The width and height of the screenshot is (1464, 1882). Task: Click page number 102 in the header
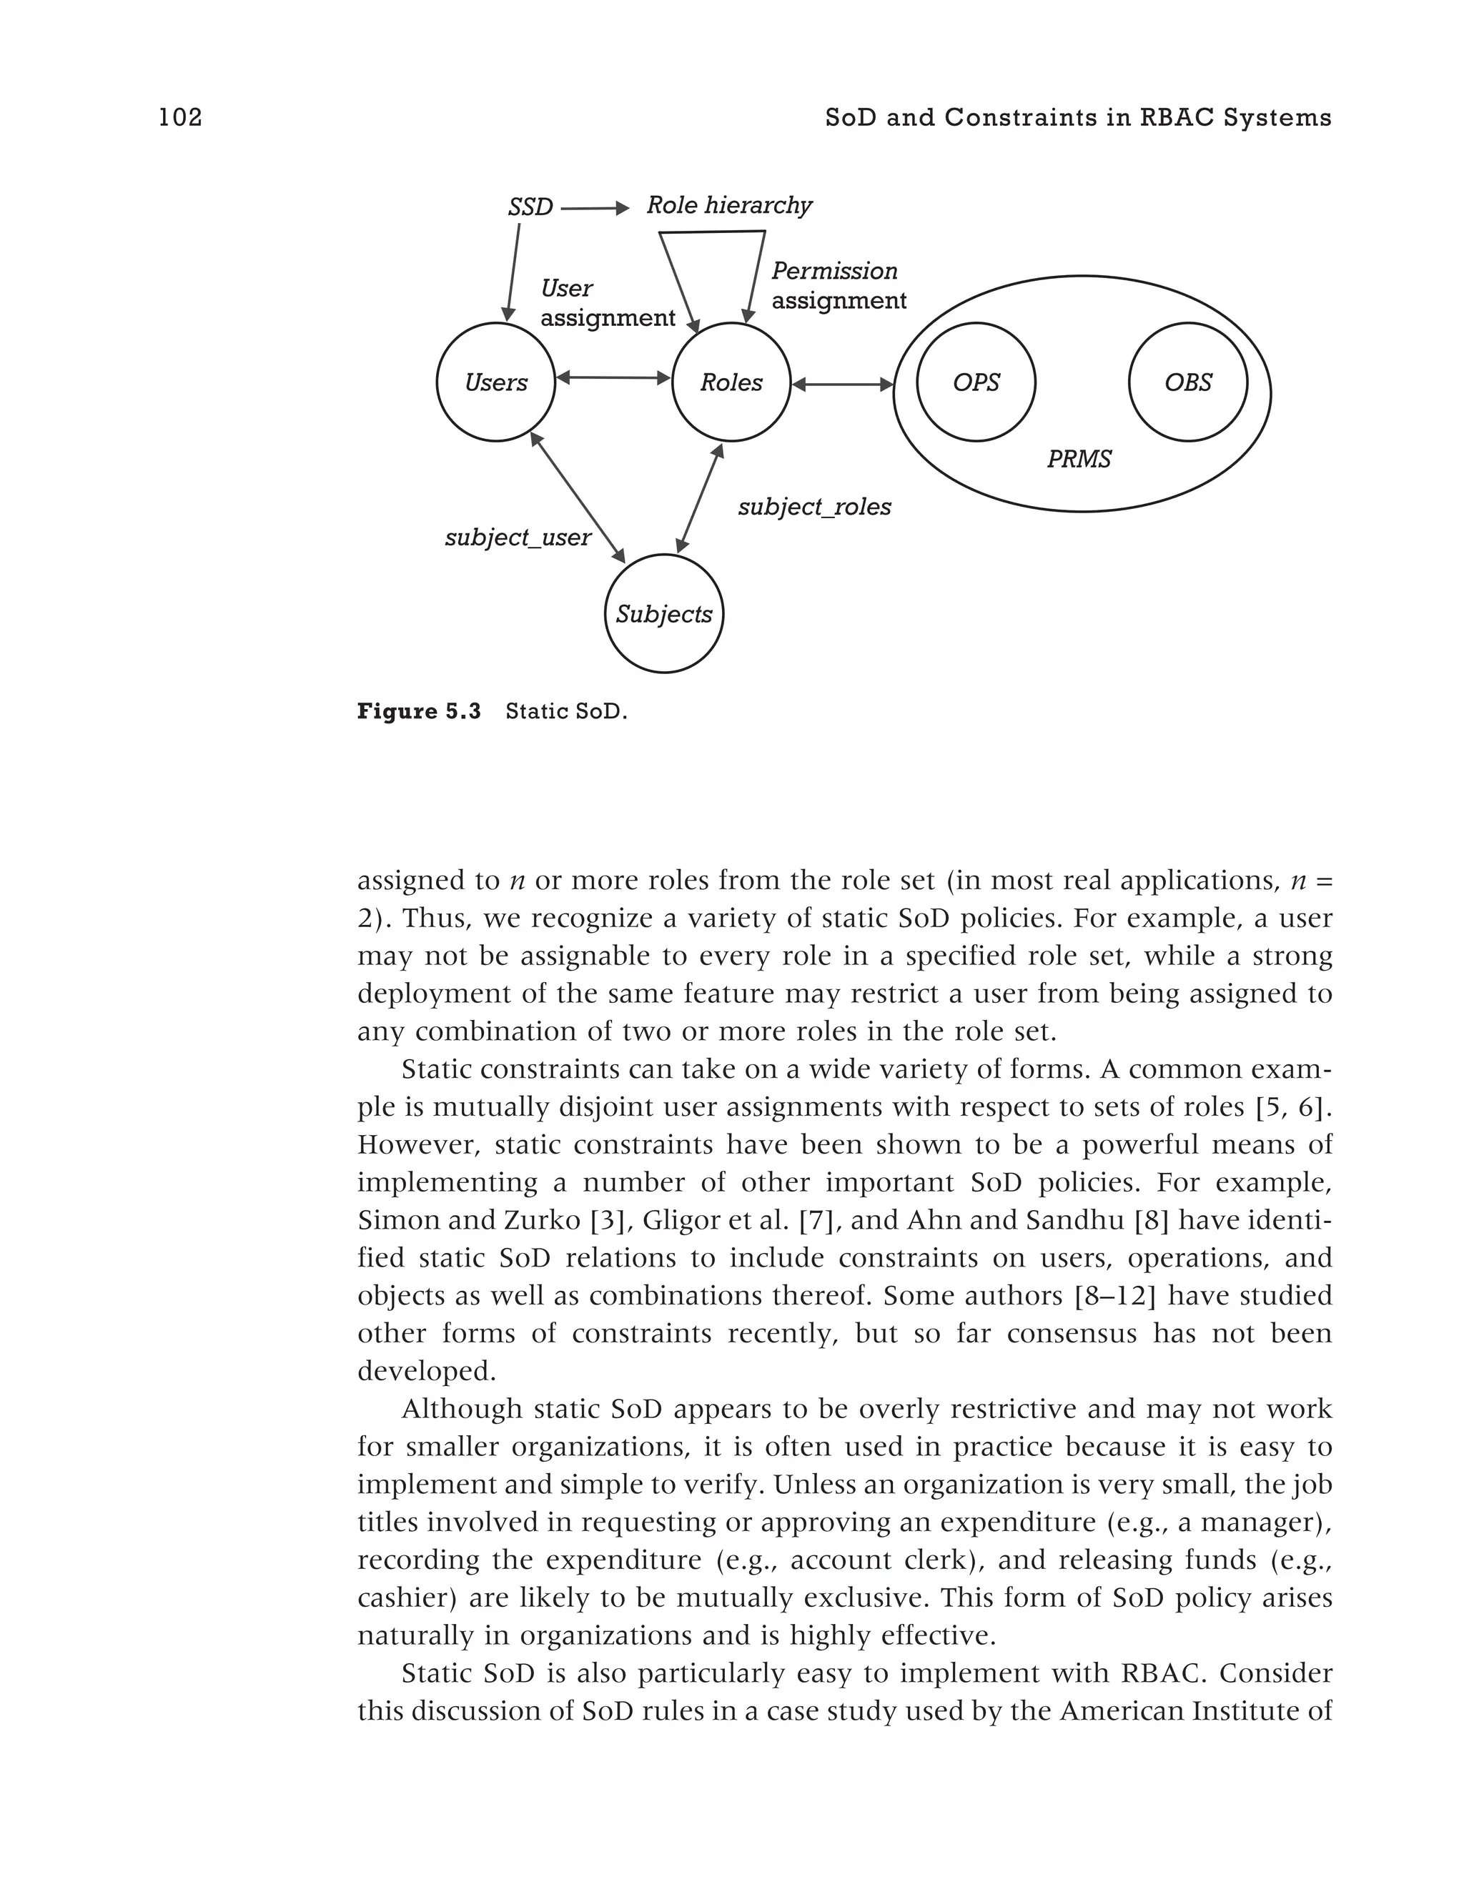click(x=180, y=117)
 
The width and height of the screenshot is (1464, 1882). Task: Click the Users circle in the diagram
click(x=495, y=382)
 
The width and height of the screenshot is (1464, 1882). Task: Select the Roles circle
click(x=731, y=382)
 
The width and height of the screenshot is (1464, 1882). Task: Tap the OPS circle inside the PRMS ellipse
click(x=976, y=382)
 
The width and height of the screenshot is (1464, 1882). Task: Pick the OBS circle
click(x=1187, y=382)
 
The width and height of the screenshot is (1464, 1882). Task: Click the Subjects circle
click(x=663, y=613)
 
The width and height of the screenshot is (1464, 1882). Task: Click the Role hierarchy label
click(x=729, y=205)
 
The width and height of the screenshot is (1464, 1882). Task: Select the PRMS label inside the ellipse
click(x=1079, y=460)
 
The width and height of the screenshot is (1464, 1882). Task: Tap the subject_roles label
click(x=814, y=507)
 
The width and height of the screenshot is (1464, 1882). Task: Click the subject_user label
click(x=518, y=538)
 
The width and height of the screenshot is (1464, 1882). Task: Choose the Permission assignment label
click(x=838, y=285)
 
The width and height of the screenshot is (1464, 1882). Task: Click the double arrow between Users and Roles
click(x=613, y=377)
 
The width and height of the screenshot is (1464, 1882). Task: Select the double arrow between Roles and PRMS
click(x=842, y=385)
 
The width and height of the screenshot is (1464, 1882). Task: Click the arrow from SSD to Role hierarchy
click(x=595, y=209)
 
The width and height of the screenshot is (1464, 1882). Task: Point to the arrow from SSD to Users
click(x=513, y=272)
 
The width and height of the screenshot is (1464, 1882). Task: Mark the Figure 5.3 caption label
click(x=419, y=712)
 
